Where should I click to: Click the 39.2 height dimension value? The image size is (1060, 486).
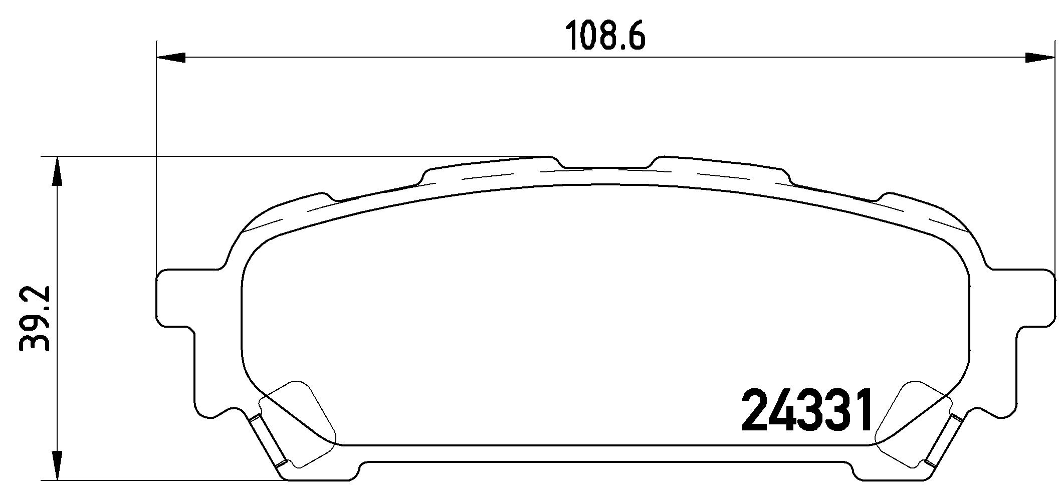(x=34, y=318)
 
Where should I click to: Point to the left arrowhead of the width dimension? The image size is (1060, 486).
(x=171, y=58)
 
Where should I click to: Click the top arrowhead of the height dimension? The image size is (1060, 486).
(x=58, y=171)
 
